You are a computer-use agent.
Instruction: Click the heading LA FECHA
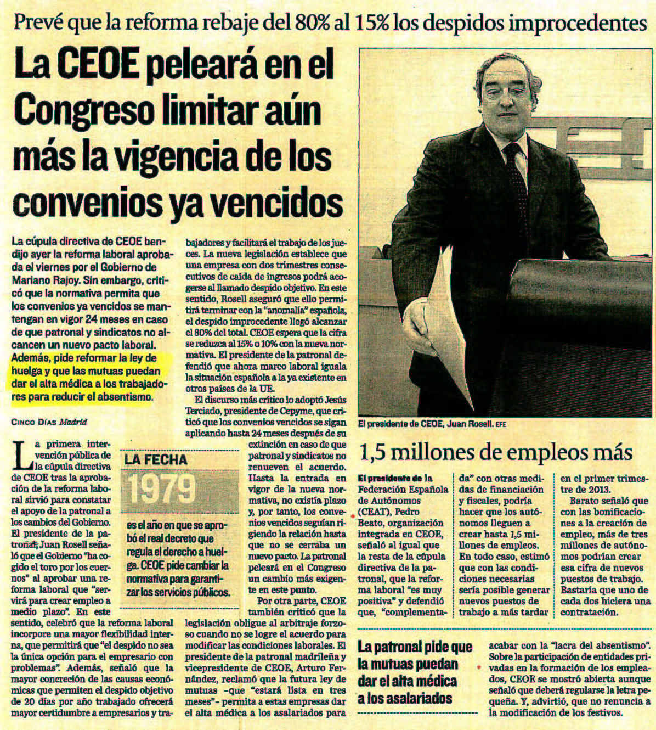pyautogui.click(x=156, y=459)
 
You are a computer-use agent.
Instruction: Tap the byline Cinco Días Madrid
pyautogui.click(x=49, y=422)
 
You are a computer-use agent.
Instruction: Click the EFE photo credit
pyautogui.click(x=501, y=424)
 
